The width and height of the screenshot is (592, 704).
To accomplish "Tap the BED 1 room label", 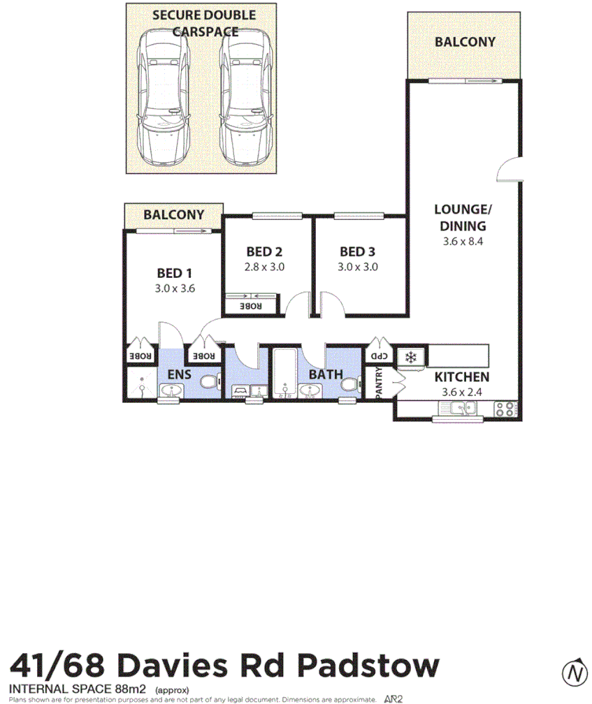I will coord(174,273).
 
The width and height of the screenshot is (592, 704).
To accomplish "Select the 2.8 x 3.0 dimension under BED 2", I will coord(265,267).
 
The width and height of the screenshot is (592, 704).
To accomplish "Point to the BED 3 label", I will coord(358,251).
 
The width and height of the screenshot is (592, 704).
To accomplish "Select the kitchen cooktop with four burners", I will coord(505,409).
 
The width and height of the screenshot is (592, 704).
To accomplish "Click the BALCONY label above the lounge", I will coord(464,42).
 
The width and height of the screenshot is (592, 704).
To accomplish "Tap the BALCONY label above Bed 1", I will coord(173,215).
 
